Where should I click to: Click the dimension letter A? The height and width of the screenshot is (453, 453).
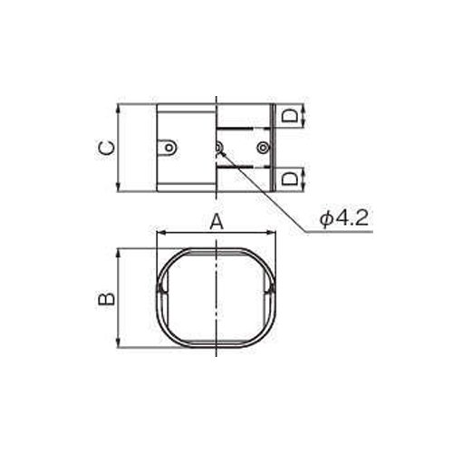click(217, 222)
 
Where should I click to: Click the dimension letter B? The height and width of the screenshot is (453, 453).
click(106, 299)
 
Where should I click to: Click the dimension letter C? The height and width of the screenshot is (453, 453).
click(107, 148)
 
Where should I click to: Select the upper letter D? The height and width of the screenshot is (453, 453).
click(289, 116)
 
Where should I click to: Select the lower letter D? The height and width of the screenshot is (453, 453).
click(289, 178)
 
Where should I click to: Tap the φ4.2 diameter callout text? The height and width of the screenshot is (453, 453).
click(345, 218)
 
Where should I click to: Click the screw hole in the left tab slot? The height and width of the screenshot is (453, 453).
click(169, 148)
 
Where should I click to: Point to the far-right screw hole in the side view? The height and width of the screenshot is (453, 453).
click(263, 148)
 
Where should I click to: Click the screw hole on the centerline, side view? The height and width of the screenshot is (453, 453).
click(218, 148)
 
